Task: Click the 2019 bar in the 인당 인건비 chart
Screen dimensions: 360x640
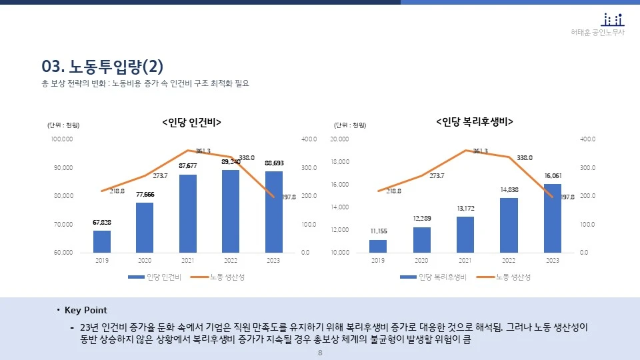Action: tap(101, 241)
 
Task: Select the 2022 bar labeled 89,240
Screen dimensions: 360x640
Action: tap(230, 211)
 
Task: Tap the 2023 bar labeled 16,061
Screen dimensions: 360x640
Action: tap(552, 218)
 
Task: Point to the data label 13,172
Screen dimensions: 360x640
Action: tap(465, 208)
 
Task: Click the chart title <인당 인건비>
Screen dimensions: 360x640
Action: tap(191, 122)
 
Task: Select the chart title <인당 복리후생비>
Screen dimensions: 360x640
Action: tap(474, 122)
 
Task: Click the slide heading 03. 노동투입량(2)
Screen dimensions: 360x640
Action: tap(102, 67)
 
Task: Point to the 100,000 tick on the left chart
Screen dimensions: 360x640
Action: tap(62, 139)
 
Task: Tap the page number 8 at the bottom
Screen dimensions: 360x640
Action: tap(320, 353)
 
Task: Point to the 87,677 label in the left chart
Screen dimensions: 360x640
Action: tap(188, 165)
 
